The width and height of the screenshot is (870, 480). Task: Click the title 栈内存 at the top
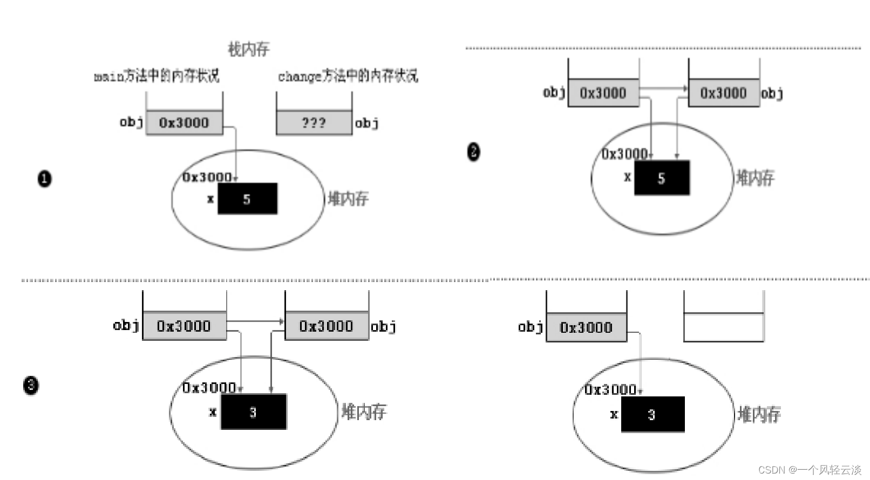click(248, 50)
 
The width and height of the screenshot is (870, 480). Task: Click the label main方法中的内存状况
click(157, 76)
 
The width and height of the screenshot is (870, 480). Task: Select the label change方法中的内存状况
click(348, 76)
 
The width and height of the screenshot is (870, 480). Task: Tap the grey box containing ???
click(314, 123)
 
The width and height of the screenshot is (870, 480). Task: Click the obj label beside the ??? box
click(366, 124)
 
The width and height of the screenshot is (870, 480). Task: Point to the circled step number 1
click(45, 179)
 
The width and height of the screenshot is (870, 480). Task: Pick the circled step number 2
click(473, 152)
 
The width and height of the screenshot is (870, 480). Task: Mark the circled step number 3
click(31, 385)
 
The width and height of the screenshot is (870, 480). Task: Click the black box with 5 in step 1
click(247, 199)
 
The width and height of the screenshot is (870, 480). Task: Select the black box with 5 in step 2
click(662, 178)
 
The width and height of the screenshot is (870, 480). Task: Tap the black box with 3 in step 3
click(253, 412)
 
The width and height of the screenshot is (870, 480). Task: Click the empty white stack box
click(723, 327)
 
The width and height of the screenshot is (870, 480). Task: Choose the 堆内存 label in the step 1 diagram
click(348, 198)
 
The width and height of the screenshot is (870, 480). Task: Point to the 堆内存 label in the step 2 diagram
click(755, 177)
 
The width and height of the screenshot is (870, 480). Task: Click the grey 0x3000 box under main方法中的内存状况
click(184, 123)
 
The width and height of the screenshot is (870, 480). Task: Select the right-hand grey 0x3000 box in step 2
click(723, 93)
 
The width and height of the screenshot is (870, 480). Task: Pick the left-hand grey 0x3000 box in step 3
click(184, 326)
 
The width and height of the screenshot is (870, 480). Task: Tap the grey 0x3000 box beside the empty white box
click(586, 327)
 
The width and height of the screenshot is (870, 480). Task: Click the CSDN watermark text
click(810, 470)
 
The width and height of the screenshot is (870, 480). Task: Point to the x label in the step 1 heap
click(210, 199)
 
